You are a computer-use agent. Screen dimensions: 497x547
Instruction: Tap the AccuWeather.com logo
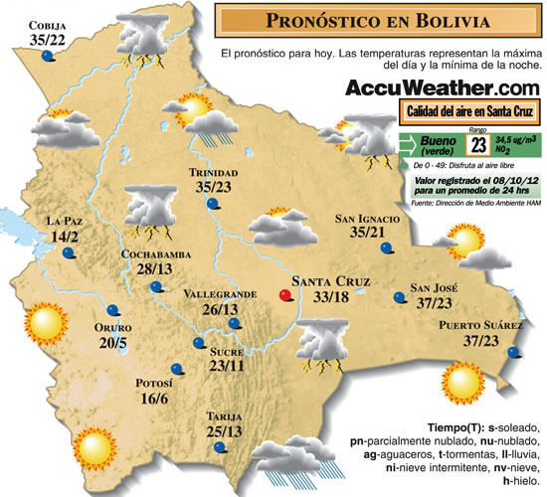(443, 87)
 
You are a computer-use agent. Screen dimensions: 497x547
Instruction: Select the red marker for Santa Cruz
(286, 294)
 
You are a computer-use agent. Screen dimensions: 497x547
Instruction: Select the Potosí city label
(152, 383)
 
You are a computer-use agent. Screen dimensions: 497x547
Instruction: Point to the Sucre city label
(228, 351)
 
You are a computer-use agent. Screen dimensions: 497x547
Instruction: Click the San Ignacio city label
(367, 219)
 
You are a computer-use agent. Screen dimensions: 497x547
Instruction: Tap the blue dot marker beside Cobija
(47, 58)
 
